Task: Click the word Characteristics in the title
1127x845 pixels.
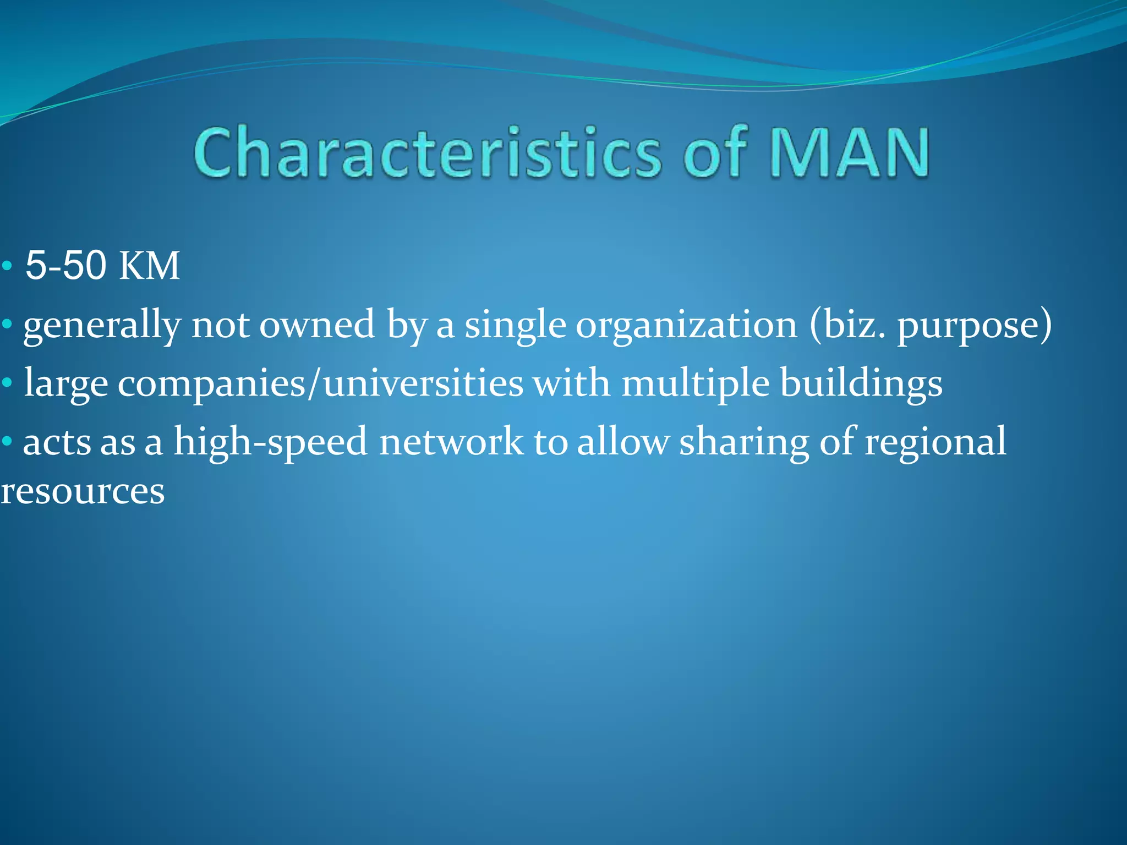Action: [x=426, y=152]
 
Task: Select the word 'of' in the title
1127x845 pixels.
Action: [x=715, y=152]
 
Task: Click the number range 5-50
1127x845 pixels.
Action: [x=66, y=266]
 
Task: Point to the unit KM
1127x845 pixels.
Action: [x=149, y=266]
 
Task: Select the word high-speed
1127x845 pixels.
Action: [x=270, y=442]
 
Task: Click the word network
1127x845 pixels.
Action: [x=451, y=442]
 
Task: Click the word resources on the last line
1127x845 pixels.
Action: [x=83, y=491]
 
